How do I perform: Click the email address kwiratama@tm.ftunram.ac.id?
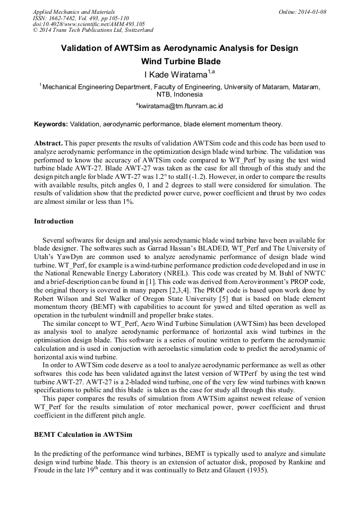click(180, 106)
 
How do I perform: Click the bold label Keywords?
click(50, 125)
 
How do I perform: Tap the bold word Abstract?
click(48, 144)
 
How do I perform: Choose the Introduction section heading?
click(54, 221)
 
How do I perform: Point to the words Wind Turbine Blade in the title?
click(179, 62)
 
